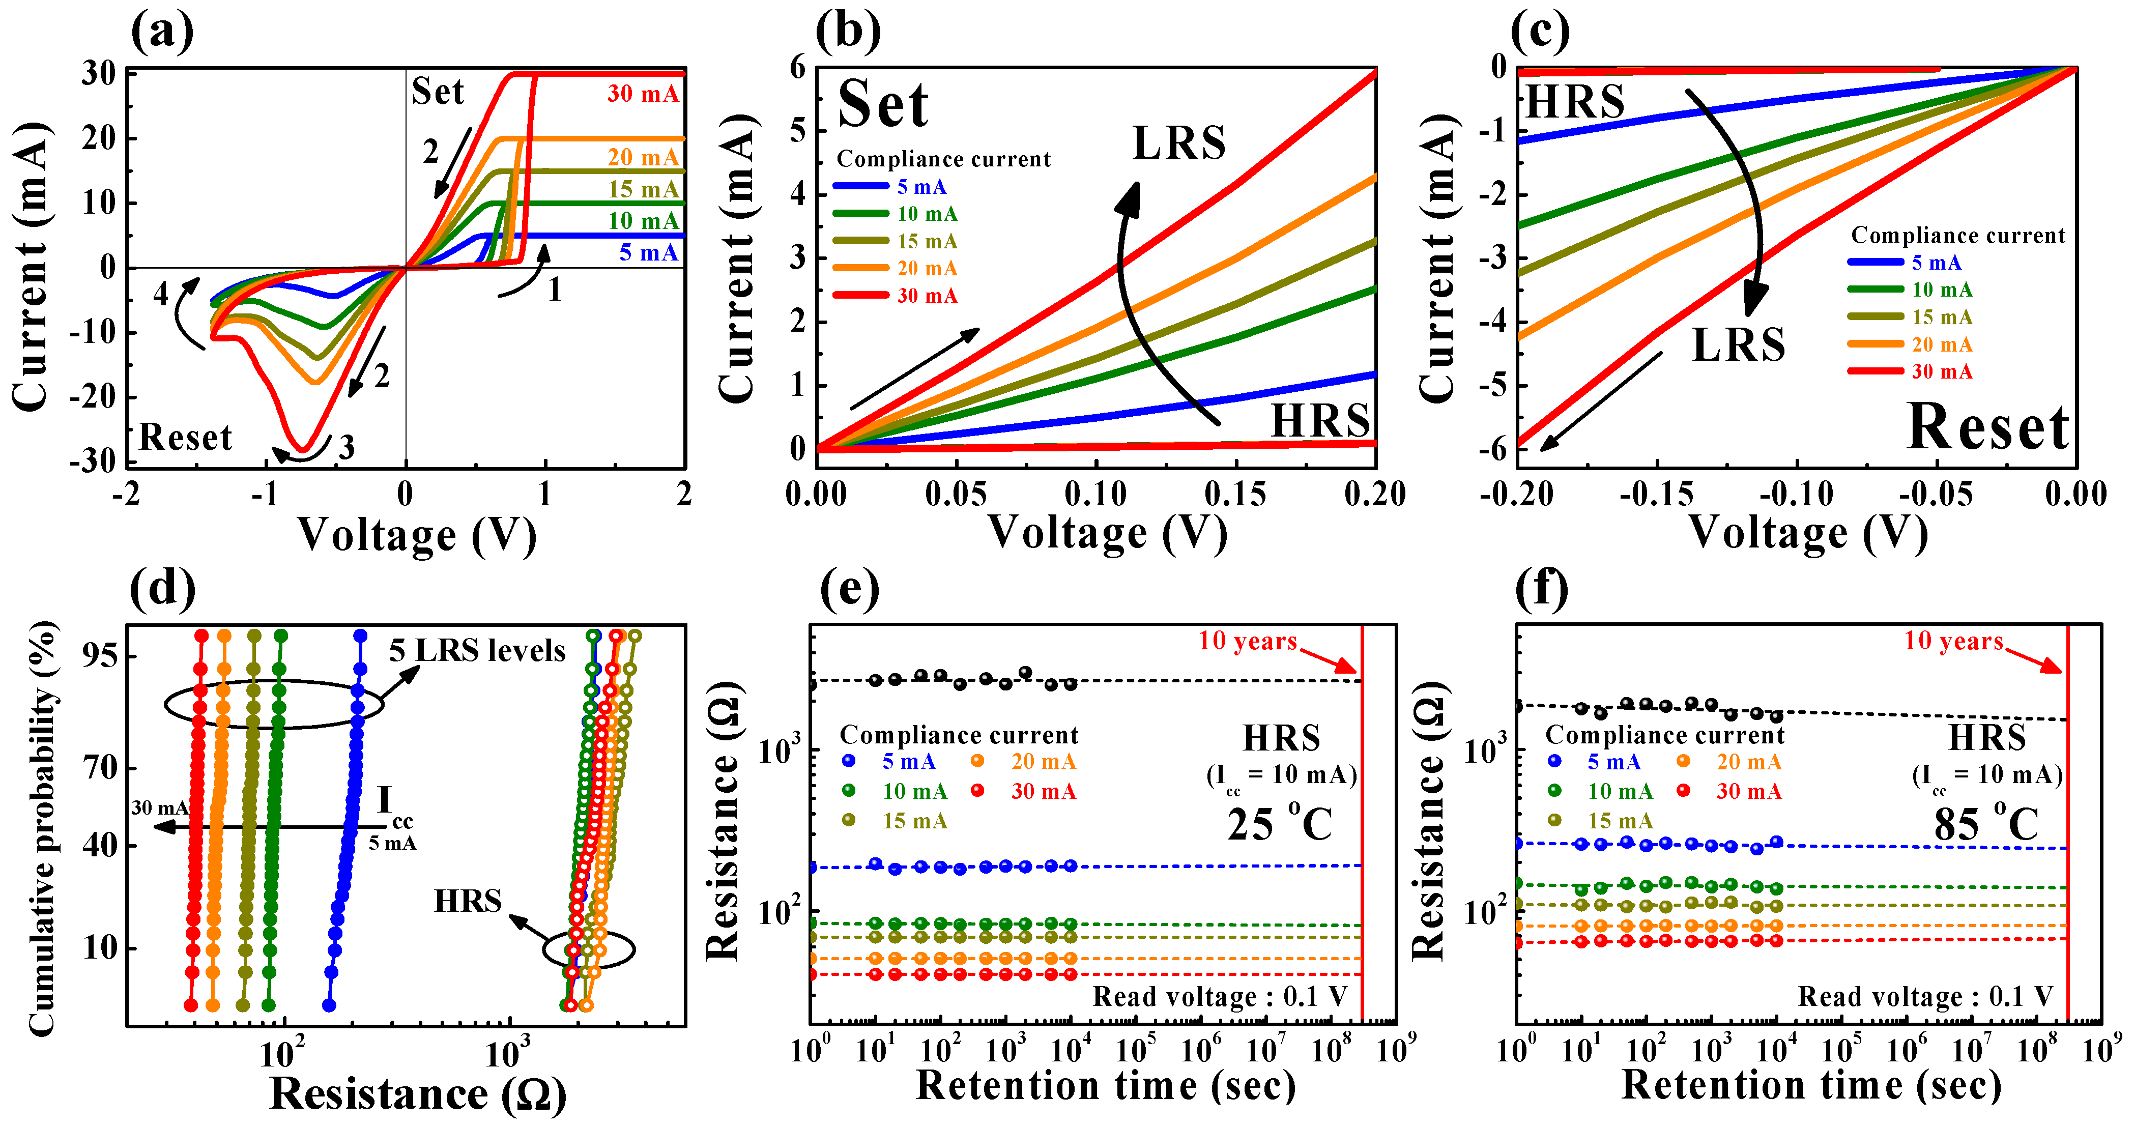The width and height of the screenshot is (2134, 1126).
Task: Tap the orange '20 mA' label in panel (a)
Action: tap(643, 157)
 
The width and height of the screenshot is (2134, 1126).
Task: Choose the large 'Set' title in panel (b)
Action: tap(883, 105)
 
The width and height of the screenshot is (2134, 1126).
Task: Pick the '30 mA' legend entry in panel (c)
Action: tap(1942, 371)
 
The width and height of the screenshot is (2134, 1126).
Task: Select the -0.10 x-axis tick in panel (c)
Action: tap(1796, 495)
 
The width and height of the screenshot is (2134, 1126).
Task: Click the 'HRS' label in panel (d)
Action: tap(468, 902)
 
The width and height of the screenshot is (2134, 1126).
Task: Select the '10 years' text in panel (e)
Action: tap(1248, 641)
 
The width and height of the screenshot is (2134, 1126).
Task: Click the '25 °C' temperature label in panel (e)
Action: tap(1280, 824)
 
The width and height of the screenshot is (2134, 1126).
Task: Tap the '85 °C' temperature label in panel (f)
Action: tap(1986, 824)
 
